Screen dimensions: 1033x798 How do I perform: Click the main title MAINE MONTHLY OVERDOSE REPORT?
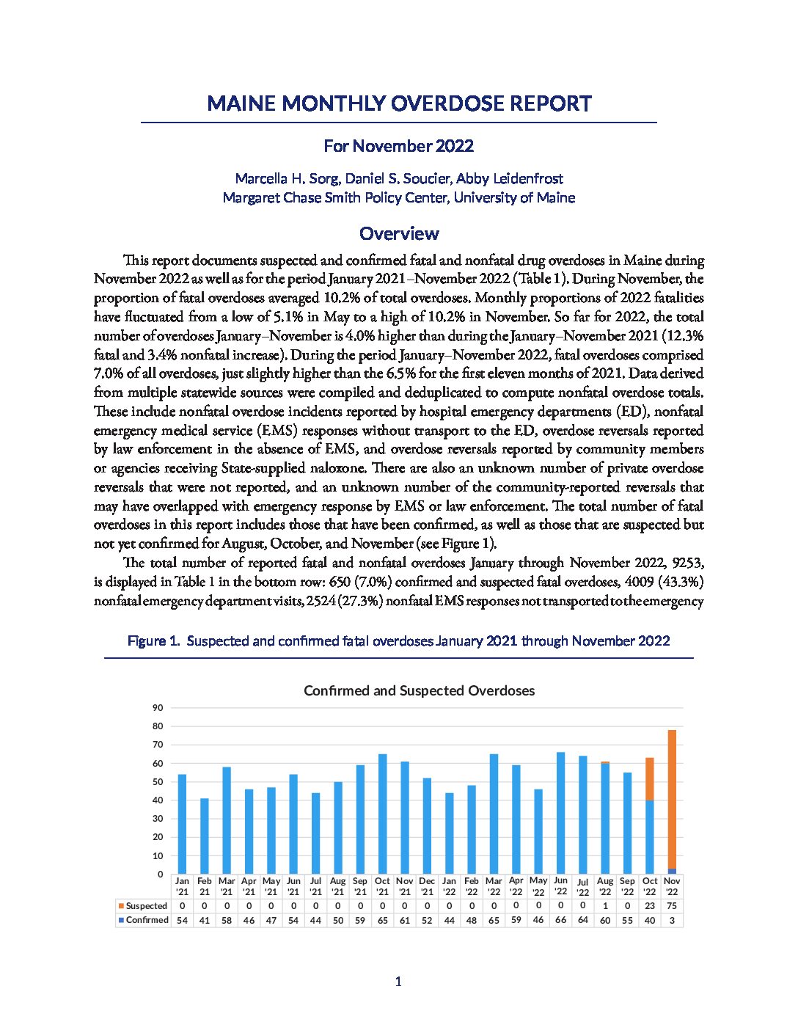tap(399, 103)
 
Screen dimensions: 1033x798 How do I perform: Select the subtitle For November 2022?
tap(398, 146)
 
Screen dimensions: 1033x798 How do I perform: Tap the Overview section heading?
tap(399, 233)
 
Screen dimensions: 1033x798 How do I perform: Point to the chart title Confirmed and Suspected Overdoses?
tap(419, 690)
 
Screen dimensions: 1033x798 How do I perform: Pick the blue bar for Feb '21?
tap(205, 836)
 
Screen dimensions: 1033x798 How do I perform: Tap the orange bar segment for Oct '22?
tap(650, 778)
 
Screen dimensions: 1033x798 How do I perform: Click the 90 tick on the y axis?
tap(158, 708)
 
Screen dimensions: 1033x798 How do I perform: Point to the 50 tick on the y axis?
tap(158, 782)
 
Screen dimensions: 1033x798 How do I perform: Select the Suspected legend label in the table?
tap(146, 906)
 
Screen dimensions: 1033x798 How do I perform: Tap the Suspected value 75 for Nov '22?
tap(672, 906)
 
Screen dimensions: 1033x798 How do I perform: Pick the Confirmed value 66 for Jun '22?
tap(560, 920)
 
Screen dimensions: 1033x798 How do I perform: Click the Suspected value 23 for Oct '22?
tap(650, 906)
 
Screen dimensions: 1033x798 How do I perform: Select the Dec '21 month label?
tap(427, 886)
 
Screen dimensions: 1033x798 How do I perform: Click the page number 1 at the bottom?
tap(398, 982)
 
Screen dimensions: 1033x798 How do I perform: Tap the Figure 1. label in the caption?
tap(153, 641)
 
